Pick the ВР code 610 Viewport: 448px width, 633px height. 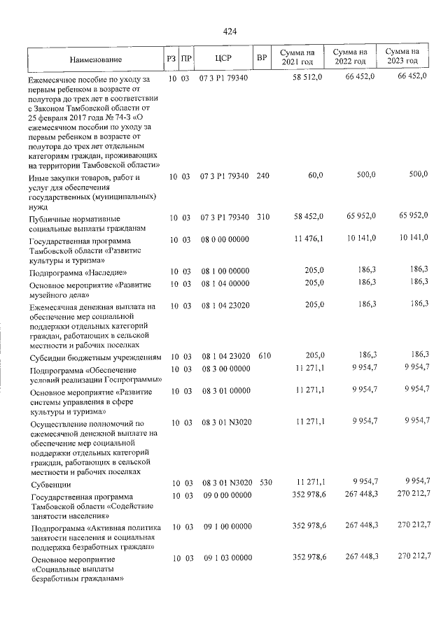(x=263, y=356)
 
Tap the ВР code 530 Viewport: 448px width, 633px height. (x=265, y=483)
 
